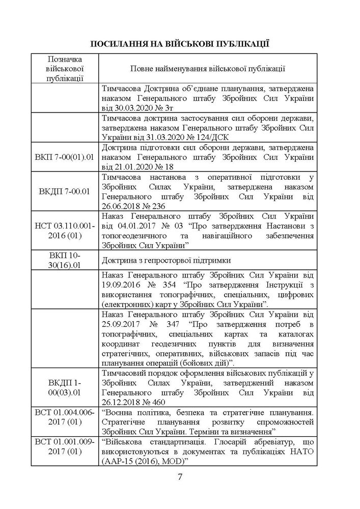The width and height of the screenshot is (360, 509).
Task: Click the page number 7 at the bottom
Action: point(180,477)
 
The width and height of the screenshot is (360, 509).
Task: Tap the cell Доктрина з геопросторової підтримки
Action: point(166,260)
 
